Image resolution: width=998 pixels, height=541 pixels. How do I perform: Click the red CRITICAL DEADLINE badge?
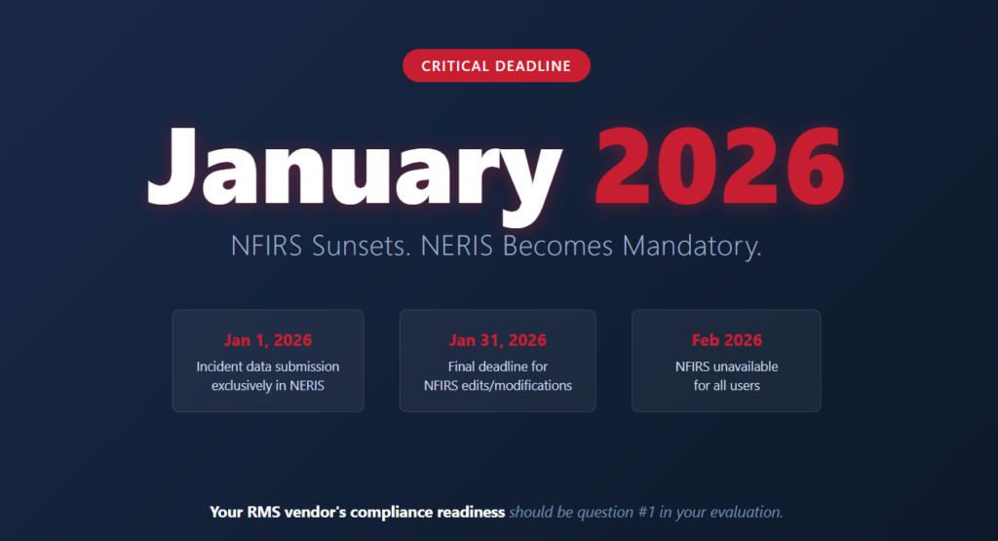[496, 65]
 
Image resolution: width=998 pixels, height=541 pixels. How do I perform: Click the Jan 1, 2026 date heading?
[268, 340]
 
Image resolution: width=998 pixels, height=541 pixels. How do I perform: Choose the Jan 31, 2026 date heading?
[497, 340]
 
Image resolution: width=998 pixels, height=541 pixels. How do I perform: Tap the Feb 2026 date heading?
[726, 340]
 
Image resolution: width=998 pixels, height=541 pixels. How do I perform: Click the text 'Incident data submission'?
[268, 367]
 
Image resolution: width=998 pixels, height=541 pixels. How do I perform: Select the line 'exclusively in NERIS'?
[268, 385]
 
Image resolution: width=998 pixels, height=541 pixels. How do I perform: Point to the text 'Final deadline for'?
[497, 367]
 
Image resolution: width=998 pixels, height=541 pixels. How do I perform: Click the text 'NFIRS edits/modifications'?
[497, 385]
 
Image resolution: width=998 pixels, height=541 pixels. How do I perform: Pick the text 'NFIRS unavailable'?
[726, 367]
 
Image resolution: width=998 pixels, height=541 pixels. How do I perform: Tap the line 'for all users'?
[726, 385]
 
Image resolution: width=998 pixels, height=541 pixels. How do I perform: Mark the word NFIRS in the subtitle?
[267, 246]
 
